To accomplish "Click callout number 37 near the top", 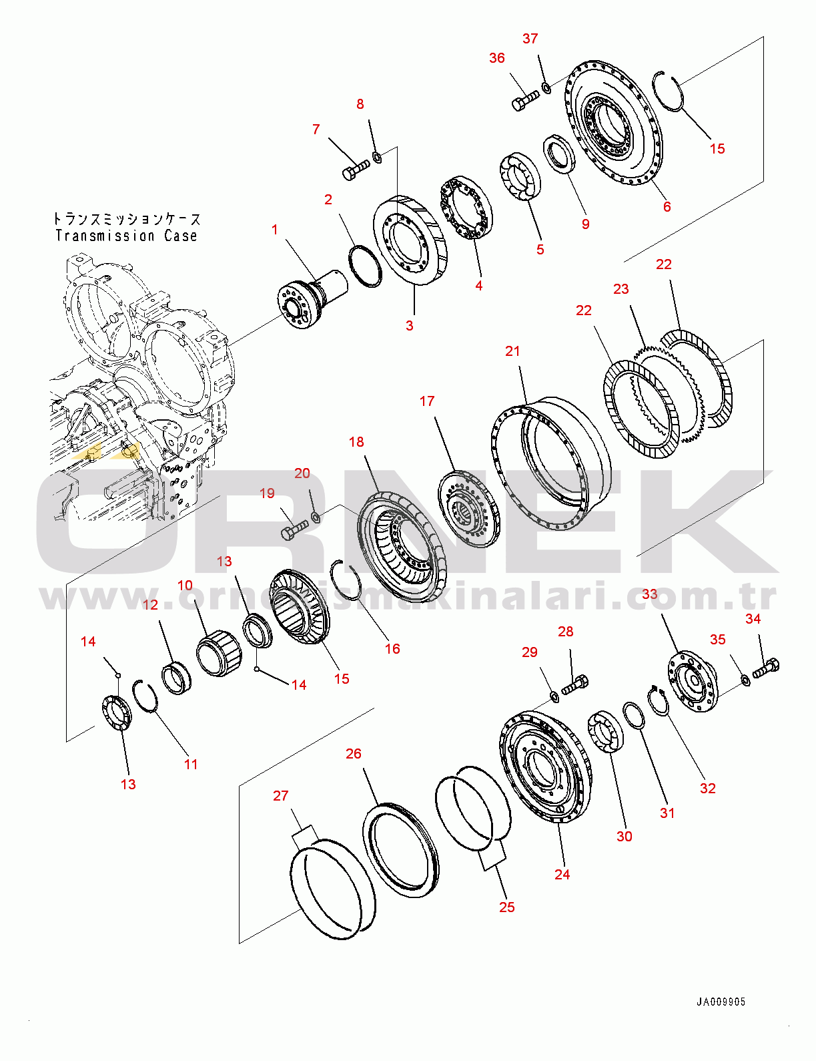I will (530, 39).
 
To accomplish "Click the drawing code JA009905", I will (721, 1002).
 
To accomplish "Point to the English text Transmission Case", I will (126, 236).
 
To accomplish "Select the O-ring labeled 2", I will (366, 266).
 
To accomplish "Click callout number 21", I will (512, 351).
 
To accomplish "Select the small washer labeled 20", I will (316, 517).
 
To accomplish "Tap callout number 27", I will (281, 796).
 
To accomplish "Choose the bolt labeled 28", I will (574, 686).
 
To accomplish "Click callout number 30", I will (624, 836).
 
